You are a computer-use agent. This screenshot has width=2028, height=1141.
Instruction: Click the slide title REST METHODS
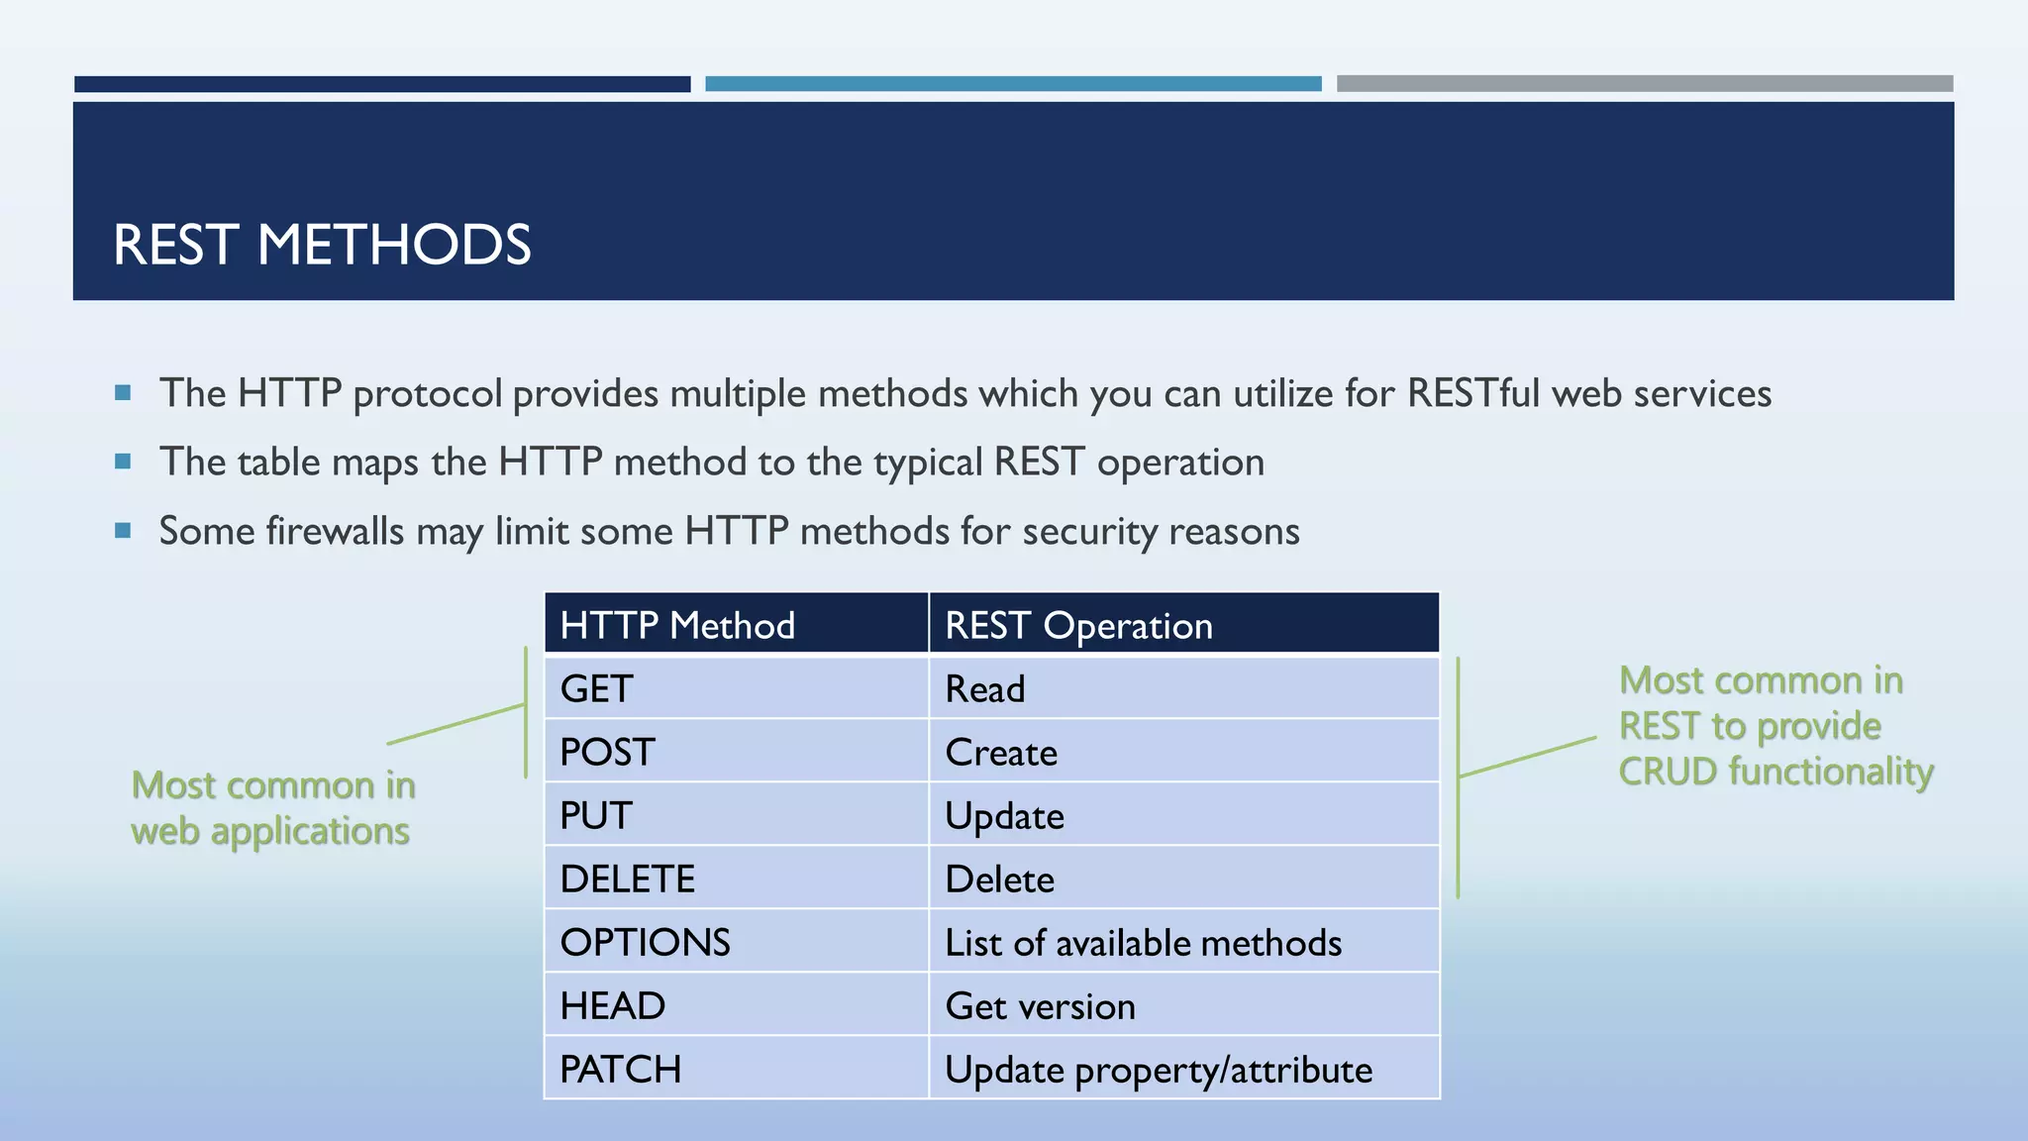point(322,245)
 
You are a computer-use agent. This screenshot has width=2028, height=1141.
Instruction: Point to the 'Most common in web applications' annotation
point(272,807)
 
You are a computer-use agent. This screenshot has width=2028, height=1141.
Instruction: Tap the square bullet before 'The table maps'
point(123,462)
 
